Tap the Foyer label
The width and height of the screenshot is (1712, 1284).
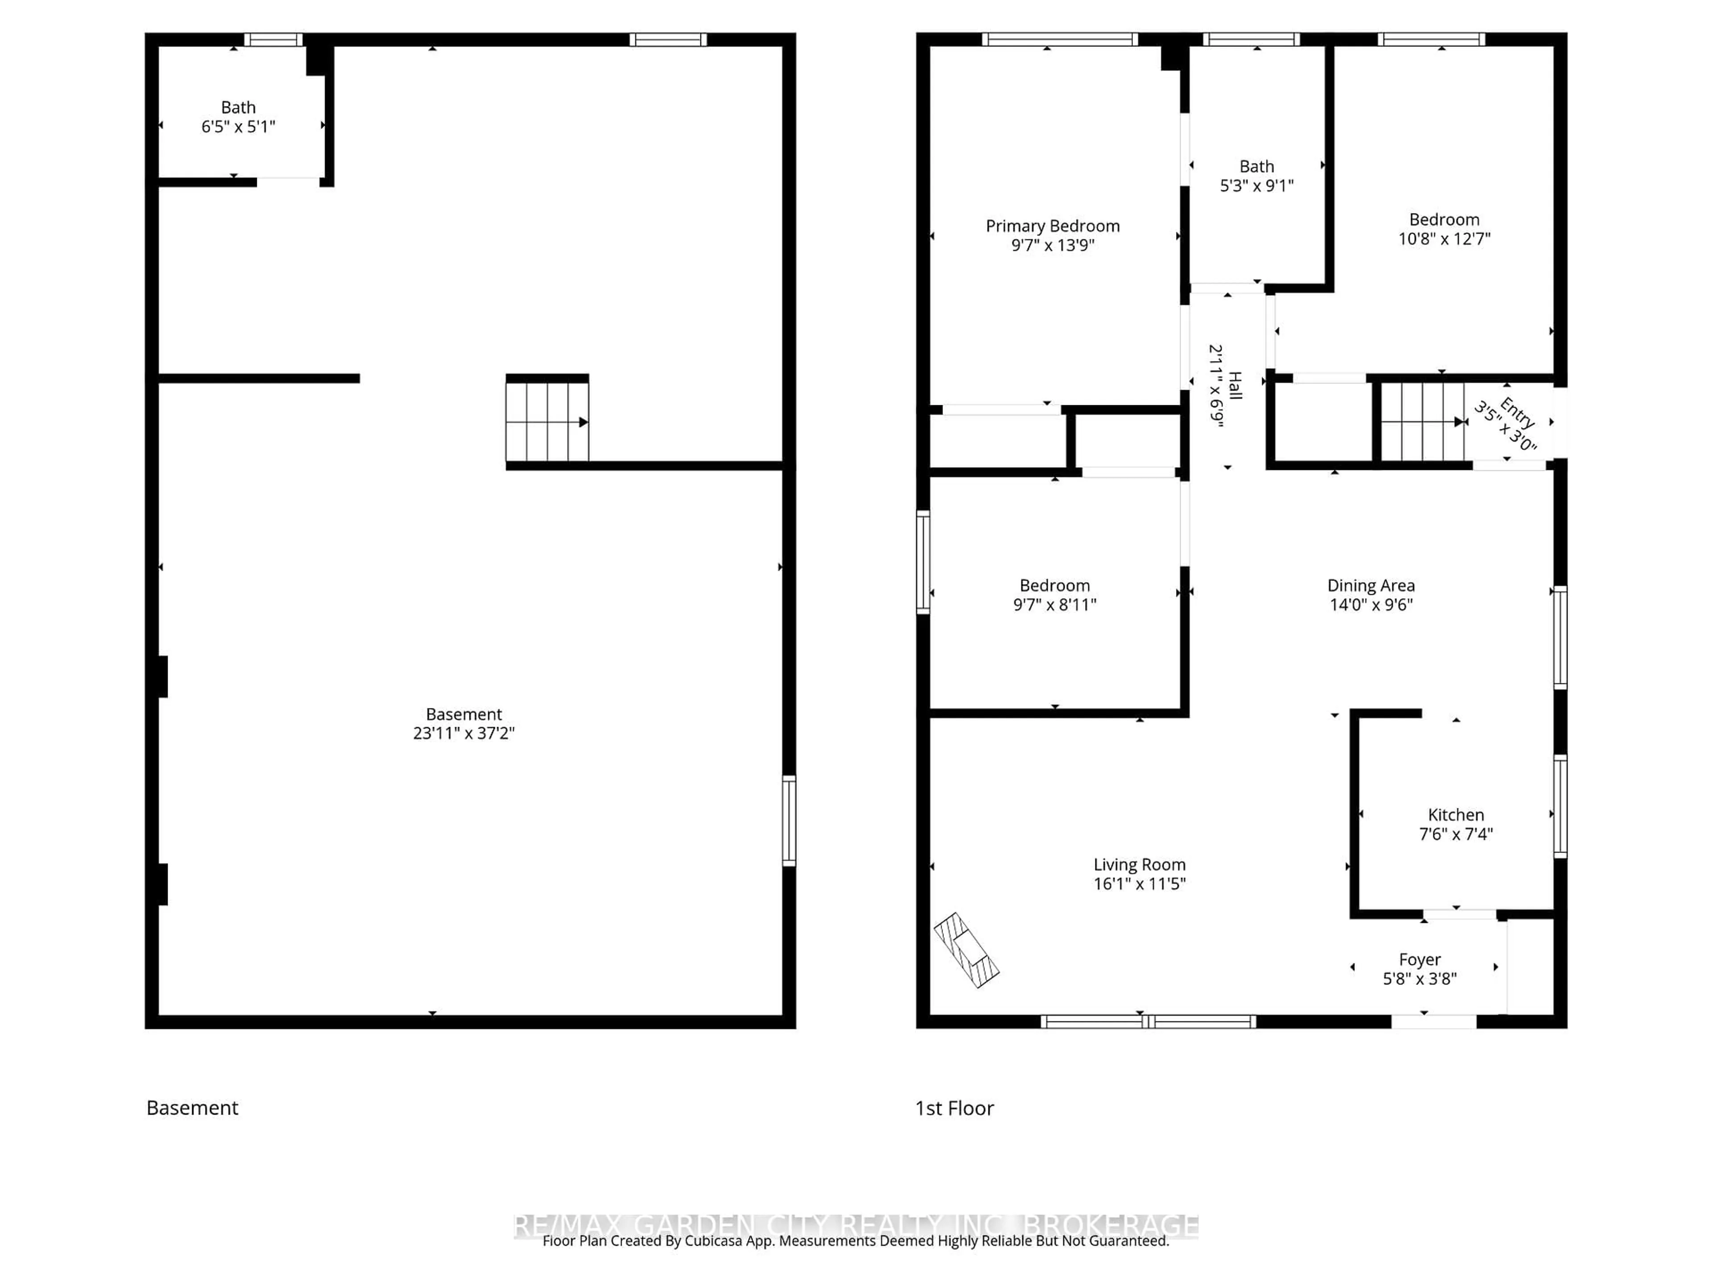pos(1420,960)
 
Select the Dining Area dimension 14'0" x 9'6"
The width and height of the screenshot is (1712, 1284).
pos(1370,605)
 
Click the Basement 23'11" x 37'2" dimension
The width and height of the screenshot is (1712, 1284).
pos(464,733)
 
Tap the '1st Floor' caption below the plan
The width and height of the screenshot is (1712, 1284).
pos(954,1108)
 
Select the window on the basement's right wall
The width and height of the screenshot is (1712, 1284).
pos(789,820)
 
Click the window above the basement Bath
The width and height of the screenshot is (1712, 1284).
pos(273,40)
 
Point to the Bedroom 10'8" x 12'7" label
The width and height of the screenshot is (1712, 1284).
pos(1444,220)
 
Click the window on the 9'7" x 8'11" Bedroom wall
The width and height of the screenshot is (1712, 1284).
pos(922,562)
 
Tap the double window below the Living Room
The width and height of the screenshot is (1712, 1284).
pos(1147,1022)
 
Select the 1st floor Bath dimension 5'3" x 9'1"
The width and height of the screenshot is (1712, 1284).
pos(1256,186)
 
